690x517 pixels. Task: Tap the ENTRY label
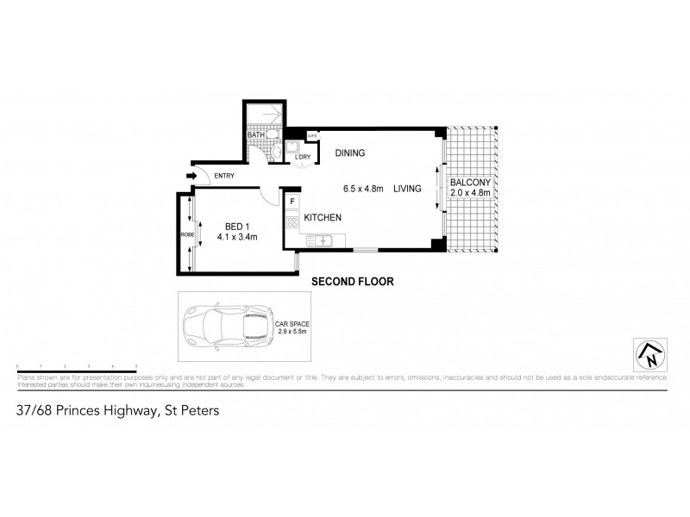tap(224, 177)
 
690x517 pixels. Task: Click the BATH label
tap(256, 135)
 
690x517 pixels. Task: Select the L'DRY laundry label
tap(302, 156)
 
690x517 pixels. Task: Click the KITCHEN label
tap(323, 218)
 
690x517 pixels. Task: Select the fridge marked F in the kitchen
tap(293, 202)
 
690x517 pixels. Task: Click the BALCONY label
tap(470, 183)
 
